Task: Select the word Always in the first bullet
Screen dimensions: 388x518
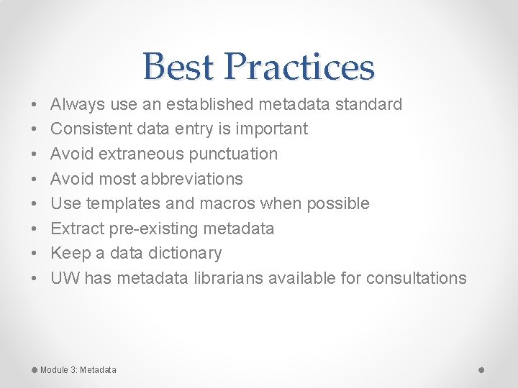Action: coord(78,104)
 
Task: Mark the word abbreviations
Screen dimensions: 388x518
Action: coord(194,179)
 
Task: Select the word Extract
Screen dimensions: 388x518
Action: coord(78,228)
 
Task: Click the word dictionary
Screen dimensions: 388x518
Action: coord(188,253)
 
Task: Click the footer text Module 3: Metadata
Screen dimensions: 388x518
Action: coord(78,370)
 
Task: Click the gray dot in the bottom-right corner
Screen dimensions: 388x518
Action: coord(481,369)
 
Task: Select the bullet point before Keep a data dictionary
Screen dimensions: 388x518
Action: coord(35,254)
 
